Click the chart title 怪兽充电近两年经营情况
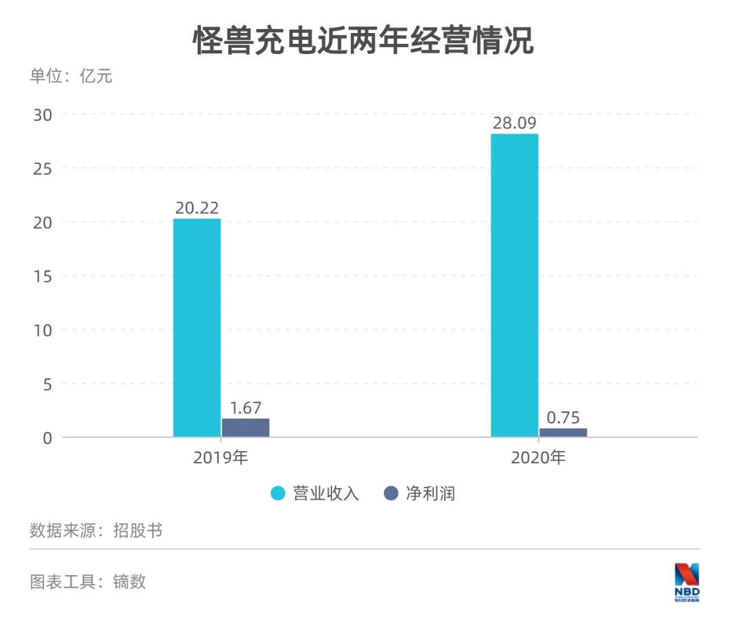(364, 40)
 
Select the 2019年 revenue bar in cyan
(196, 328)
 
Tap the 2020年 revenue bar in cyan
(514, 285)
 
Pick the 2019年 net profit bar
(246, 428)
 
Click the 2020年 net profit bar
(563, 432)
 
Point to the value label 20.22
(197, 208)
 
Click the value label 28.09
(514, 123)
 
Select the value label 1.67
(246, 408)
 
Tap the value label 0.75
(563, 417)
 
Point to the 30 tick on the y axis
(43, 114)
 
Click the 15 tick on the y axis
(43, 276)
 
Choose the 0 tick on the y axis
(47, 438)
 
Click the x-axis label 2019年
(221, 458)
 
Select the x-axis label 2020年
(538, 458)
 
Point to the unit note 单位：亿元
(71, 76)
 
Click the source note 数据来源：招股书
(96, 530)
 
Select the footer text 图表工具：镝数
(88, 581)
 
